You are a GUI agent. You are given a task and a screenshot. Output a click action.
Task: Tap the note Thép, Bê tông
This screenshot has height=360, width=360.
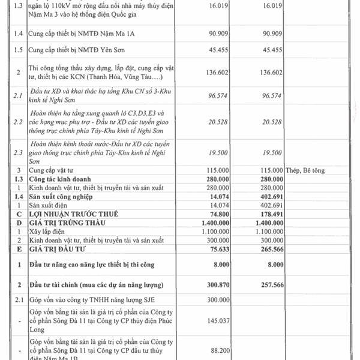[305, 170]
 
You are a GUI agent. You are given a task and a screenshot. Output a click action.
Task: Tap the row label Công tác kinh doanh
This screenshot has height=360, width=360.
[64, 179]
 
